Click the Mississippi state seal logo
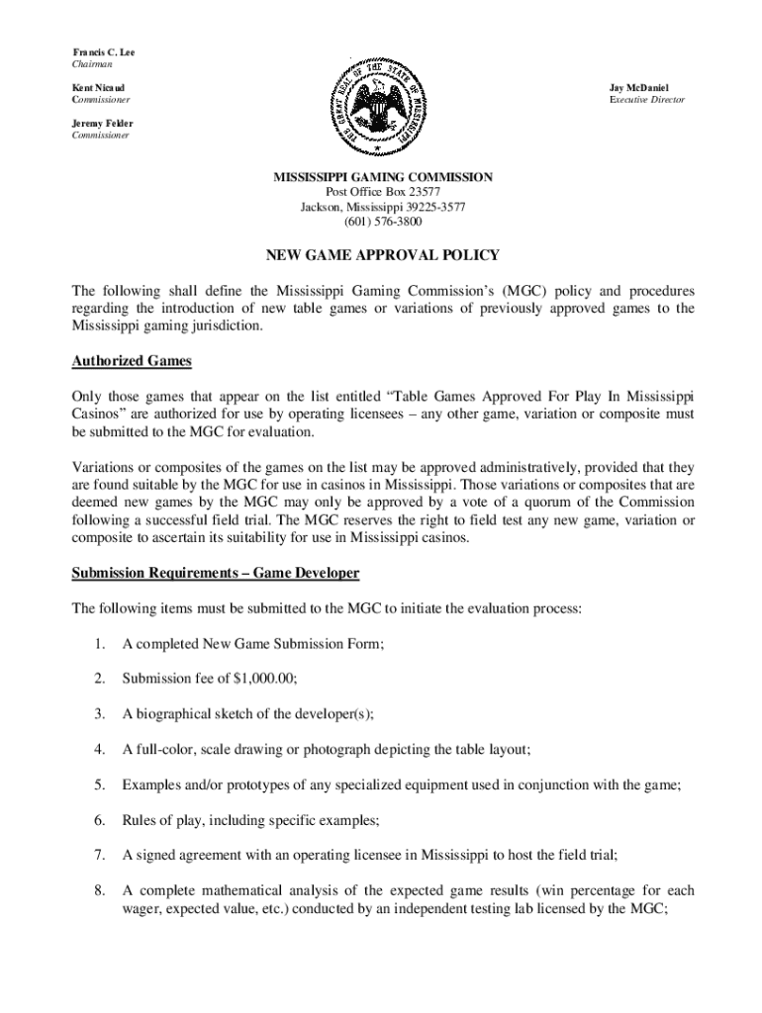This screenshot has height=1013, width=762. pos(381,104)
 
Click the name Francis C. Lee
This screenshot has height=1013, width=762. pos(105,51)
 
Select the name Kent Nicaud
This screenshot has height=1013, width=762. pos(98,88)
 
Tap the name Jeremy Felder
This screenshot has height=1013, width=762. pos(102,124)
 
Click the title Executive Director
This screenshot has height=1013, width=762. pos(647,100)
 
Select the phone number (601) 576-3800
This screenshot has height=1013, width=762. pos(382,223)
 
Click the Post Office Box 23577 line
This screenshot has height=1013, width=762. pos(383,192)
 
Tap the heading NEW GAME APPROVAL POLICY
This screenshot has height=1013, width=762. pos(382,255)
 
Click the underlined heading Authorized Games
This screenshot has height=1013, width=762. pos(131,361)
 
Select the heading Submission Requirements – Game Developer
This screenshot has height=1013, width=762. pos(215,574)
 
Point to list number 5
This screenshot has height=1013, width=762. pos(100,784)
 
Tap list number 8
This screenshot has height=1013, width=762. pos(100,890)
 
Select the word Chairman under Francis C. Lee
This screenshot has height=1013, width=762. pos(92,63)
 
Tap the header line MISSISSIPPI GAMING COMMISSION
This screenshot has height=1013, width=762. pos(382,177)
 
